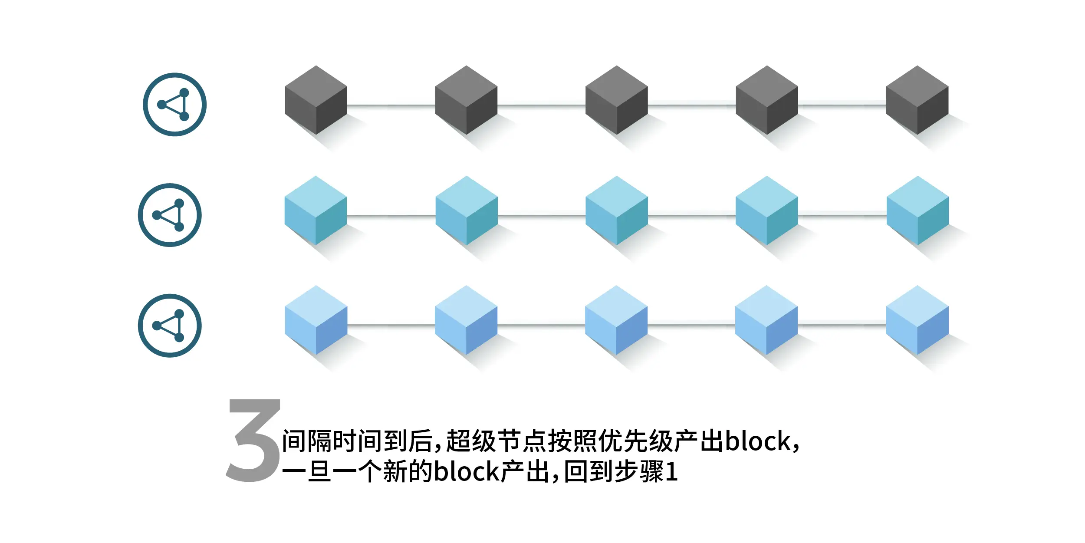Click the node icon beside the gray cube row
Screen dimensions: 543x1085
click(x=174, y=105)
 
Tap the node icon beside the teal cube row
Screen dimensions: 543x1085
click(x=170, y=215)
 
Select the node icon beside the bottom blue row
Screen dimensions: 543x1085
click(x=170, y=326)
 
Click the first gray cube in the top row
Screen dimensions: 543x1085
click(x=316, y=100)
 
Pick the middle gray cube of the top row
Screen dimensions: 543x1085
click(x=616, y=100)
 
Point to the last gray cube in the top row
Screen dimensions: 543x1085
click(x=917, y=100)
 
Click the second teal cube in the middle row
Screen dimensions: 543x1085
click(x=467, y=211)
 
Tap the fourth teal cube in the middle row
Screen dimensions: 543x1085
click(x=767, y=211)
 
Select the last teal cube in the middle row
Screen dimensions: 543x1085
click(x=917, y=211)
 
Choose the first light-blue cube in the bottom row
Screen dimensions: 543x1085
click(x=316, y=320)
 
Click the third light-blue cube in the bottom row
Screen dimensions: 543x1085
click(x=616, y=320)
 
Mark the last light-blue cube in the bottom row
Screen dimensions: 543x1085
click(x=917, y=320)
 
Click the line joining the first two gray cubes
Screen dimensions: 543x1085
click(x=391, y=105)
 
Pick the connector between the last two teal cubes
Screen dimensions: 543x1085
click(x=842, y=215)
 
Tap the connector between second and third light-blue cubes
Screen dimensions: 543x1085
click(x=541, y=325)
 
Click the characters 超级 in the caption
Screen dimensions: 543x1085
click(x=471, y=441)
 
